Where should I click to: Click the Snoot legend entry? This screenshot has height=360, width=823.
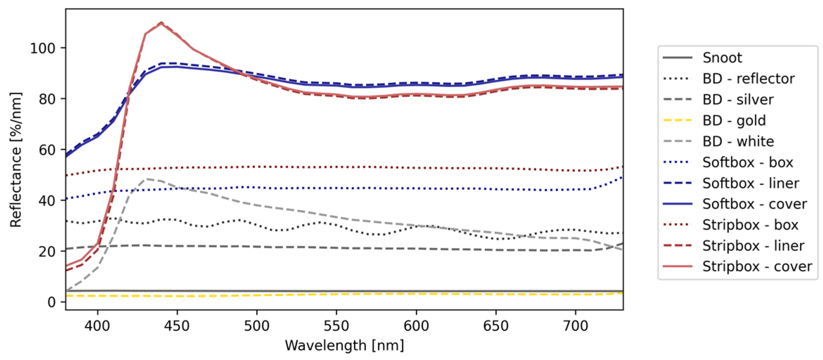(x=722, y=58)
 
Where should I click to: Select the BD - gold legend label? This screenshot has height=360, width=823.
(x=734, y=120)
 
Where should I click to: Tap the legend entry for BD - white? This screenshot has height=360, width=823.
(x=738, y=141)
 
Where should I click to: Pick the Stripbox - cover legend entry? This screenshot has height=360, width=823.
(x=757, y=266)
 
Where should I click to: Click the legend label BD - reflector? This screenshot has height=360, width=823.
(x=748, y=79)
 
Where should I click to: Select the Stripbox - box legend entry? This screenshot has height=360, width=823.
(x=750, y=225)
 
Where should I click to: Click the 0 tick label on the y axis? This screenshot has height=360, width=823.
(x=51, y=302)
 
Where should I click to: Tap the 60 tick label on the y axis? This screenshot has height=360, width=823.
(x=47, y=150)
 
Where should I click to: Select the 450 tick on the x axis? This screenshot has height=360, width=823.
(x=177, y=326)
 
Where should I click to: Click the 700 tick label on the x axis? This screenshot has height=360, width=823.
(x=575, y=326)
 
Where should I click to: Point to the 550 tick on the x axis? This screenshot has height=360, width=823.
(x=336, y=326)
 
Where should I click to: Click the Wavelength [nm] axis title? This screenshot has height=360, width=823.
(x=344, y=346)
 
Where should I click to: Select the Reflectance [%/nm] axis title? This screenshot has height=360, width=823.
(x=16, y=160)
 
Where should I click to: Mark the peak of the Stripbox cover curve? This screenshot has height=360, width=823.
(x=161, y=23)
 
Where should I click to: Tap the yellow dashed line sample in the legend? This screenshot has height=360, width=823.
(x=677, y=120)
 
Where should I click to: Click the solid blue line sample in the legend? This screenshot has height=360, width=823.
(x=677, y=204)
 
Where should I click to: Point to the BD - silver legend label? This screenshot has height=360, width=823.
(x=738, y=99)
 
